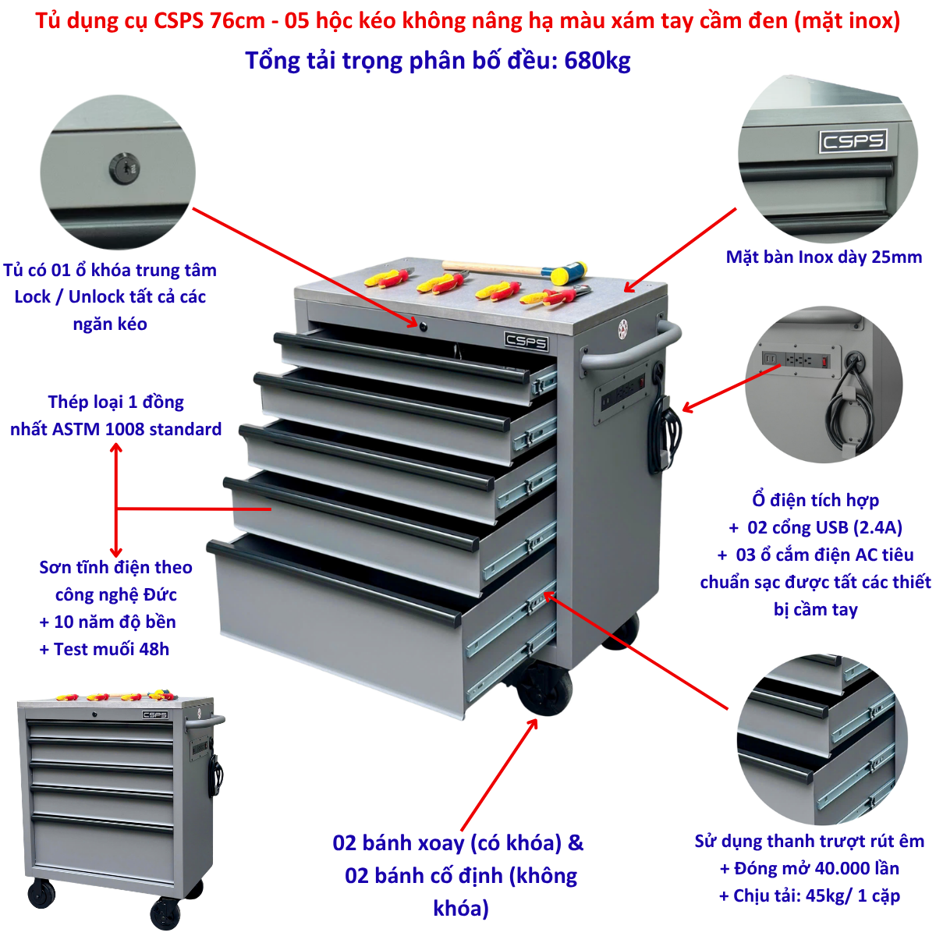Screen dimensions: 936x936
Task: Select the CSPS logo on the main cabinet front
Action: (x=526, y=341)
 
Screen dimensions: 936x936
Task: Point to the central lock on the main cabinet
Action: (x=423, y=326)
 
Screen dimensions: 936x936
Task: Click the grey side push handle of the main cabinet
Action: (x=632, y=348)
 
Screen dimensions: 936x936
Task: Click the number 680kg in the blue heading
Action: (x=597, y=61)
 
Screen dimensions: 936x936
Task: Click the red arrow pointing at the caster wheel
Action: (x=499, y=775)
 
